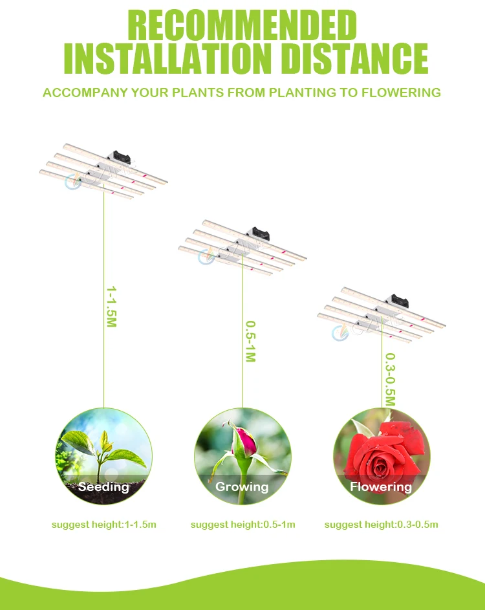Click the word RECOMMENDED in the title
(x=242, y=27)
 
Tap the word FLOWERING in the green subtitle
(x=400, y=93)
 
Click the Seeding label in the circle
(x=104, y=486)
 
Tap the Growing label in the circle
(x=242, y=486)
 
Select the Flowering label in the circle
(x=381, y=486)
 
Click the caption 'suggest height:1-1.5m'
(x=104, y=524)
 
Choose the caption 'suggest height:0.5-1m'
(x=242, y=524)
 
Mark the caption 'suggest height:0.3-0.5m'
(x=381, y=524)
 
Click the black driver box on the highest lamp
(x=122, y=157)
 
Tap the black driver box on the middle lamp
(x=262, y=233)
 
